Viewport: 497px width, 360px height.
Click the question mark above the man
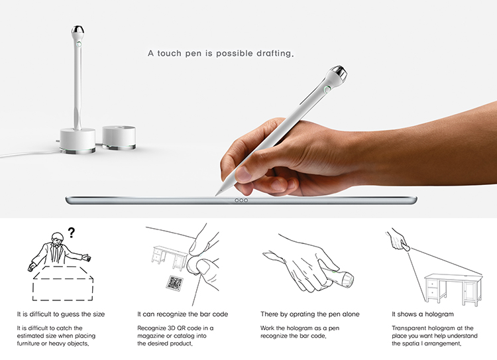72,233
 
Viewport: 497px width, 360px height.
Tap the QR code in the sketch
175,282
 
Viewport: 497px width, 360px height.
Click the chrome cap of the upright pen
78,30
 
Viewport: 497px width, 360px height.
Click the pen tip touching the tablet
217,193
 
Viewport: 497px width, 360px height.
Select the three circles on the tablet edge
241,200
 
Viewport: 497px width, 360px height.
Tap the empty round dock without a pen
119,137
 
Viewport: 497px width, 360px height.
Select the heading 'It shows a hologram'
423,314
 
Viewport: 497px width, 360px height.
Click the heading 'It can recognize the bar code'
183,314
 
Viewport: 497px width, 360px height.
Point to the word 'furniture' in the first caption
28,343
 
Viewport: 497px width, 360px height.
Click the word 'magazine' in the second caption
150,335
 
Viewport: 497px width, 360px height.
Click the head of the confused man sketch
58,239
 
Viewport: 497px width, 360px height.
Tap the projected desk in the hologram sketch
453,289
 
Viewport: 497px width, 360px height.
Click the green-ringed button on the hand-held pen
327,90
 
